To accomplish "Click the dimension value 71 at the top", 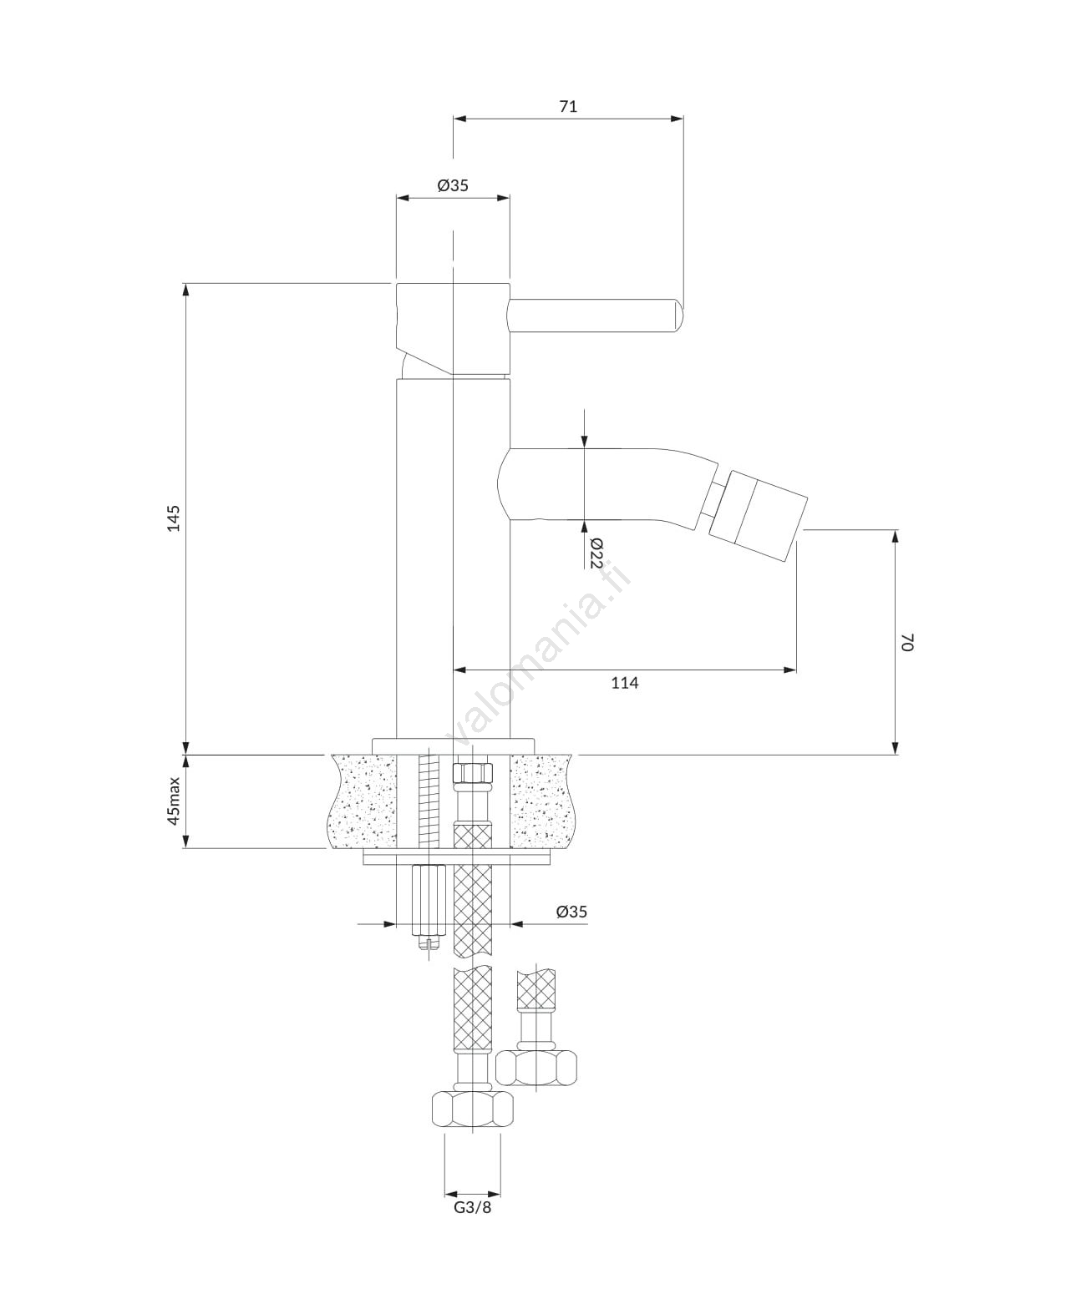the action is coord(568,107).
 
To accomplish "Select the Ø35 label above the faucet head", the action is coord(453,185).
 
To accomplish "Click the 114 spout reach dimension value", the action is coord(625,683).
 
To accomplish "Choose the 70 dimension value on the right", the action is coord(907,642).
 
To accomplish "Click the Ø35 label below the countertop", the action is coord(571,912).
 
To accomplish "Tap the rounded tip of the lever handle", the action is coord(679,316).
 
